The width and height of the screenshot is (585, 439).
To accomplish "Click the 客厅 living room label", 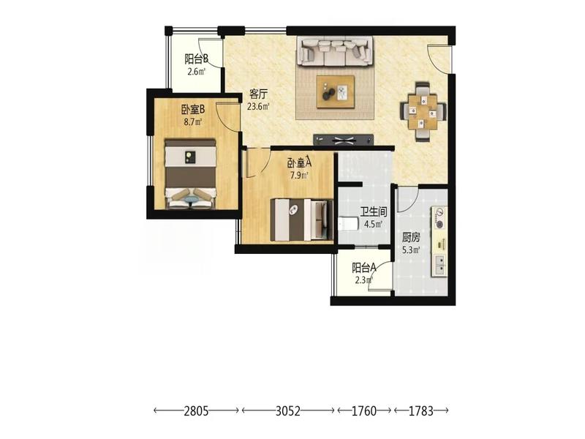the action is point(258,94).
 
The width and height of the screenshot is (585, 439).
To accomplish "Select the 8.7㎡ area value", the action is point(193,121).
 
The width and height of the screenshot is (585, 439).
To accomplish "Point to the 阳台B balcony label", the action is point(196,59).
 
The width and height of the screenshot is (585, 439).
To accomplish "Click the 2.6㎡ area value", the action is point(196,71).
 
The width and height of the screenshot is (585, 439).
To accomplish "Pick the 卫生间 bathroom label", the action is point(374,212).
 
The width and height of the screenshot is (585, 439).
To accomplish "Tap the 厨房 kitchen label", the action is point(411,237).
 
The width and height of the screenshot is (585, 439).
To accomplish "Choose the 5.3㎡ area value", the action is point(411,249).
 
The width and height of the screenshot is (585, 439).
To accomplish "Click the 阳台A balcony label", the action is point(363,267).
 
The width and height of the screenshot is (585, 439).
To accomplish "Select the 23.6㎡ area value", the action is point(258,106).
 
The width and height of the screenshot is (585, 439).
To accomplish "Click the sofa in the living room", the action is point(336,51).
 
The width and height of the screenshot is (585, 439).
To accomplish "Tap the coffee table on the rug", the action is point(336,92).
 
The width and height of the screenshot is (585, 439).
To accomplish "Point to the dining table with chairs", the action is point(423,111).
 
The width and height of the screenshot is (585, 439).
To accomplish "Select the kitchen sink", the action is point(440,264).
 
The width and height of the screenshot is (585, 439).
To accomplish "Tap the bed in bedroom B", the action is point(191,173).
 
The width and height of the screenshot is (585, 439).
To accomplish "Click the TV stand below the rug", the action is point(343,140).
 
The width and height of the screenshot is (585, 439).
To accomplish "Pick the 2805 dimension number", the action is point(196,411).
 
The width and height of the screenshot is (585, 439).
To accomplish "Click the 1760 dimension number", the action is point(364,411).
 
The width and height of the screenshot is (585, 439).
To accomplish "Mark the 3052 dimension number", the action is point(288,411).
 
